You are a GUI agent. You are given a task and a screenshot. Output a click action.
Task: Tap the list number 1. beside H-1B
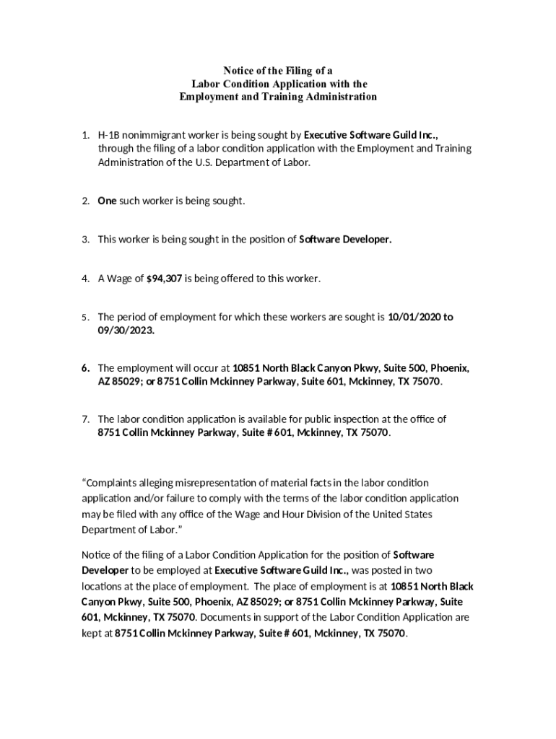[85, 135]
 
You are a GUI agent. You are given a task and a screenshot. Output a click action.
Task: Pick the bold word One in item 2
[107, 201]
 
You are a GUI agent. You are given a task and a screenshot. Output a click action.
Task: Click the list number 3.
[85, 240]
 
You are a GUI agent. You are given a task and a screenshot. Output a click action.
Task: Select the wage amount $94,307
[164, 278]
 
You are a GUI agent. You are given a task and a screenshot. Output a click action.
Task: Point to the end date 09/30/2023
[126, 331]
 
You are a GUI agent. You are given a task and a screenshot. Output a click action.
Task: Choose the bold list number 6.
[85, 368]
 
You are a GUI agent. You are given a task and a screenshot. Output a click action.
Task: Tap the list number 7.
[85, 419]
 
